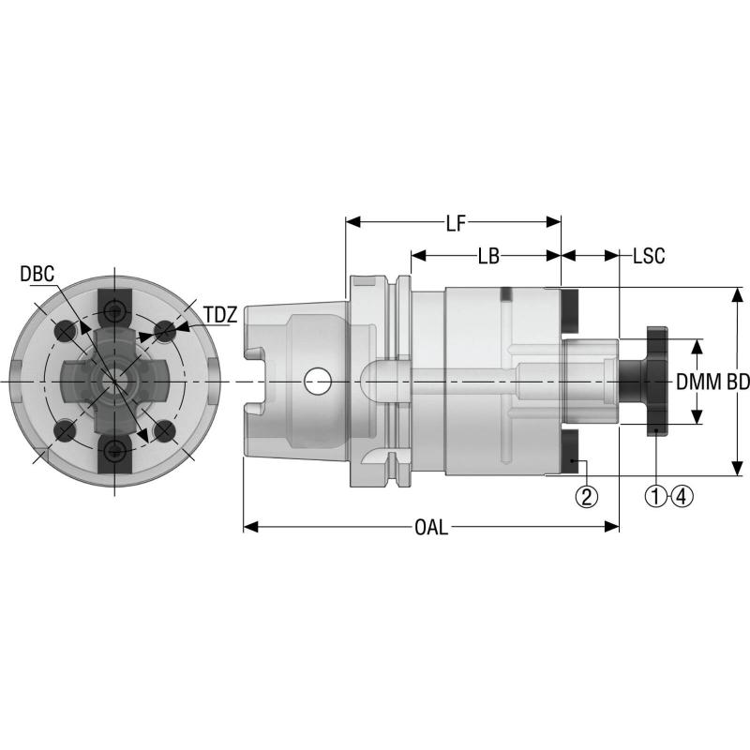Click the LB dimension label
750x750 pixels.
(x=487, y=255)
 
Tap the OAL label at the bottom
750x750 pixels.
(x=430, y=527)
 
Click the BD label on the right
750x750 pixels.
(x=738, y=382)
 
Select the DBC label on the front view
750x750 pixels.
(x=37, y=274)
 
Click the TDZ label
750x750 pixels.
(x=219, y=315)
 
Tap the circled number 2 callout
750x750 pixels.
(x=587, y=497)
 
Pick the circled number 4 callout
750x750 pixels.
(x=682, y=497)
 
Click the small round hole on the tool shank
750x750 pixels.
(x=318, y=381)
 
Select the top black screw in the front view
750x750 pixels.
(x=114, y=311)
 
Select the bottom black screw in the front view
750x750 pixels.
(x=114, y=453)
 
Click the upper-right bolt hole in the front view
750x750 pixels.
(x=165, y=331)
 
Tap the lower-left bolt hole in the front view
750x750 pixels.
(x=65, y=431)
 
